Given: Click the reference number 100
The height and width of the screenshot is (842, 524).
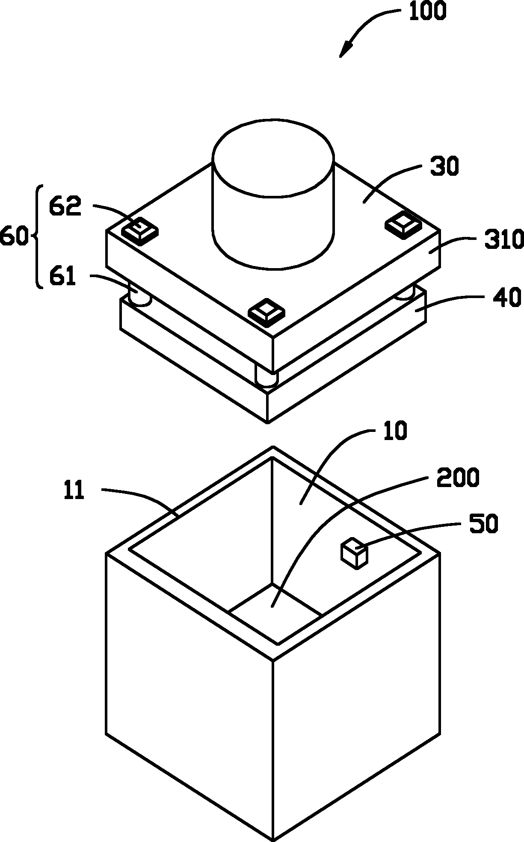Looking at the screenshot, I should (x=427, y=11).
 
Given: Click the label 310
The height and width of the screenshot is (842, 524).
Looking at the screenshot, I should (x=503, y=240).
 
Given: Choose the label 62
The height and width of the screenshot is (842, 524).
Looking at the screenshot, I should (x=65, y=207).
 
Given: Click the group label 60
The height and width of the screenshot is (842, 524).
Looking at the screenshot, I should (x=14, y=236).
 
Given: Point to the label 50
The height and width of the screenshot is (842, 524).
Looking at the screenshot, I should (x=484, y=524).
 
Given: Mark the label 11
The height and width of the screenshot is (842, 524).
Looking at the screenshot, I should (x=74, y=490).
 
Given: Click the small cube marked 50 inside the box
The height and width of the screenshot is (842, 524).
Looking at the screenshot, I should (x=354, y=554).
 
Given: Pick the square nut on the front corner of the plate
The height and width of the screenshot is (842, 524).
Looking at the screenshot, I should (x=267, y=311).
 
